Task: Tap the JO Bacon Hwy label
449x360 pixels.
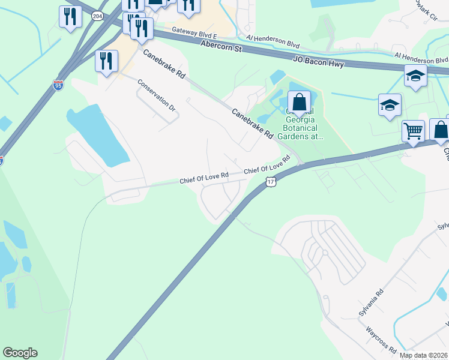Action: point(318,61)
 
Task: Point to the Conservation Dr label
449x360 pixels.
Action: point(156,96)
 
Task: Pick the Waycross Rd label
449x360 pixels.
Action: point(381,340)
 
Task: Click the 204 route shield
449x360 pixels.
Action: point(97,16)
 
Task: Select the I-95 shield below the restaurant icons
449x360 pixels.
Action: point(58,85)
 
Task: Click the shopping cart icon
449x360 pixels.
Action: point(413,130)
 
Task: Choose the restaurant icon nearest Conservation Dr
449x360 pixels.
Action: point(106,61)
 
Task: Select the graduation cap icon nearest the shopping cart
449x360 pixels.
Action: point(390,106)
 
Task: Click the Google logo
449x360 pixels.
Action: point(20,353)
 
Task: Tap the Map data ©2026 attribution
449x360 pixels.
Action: point(424,355)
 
